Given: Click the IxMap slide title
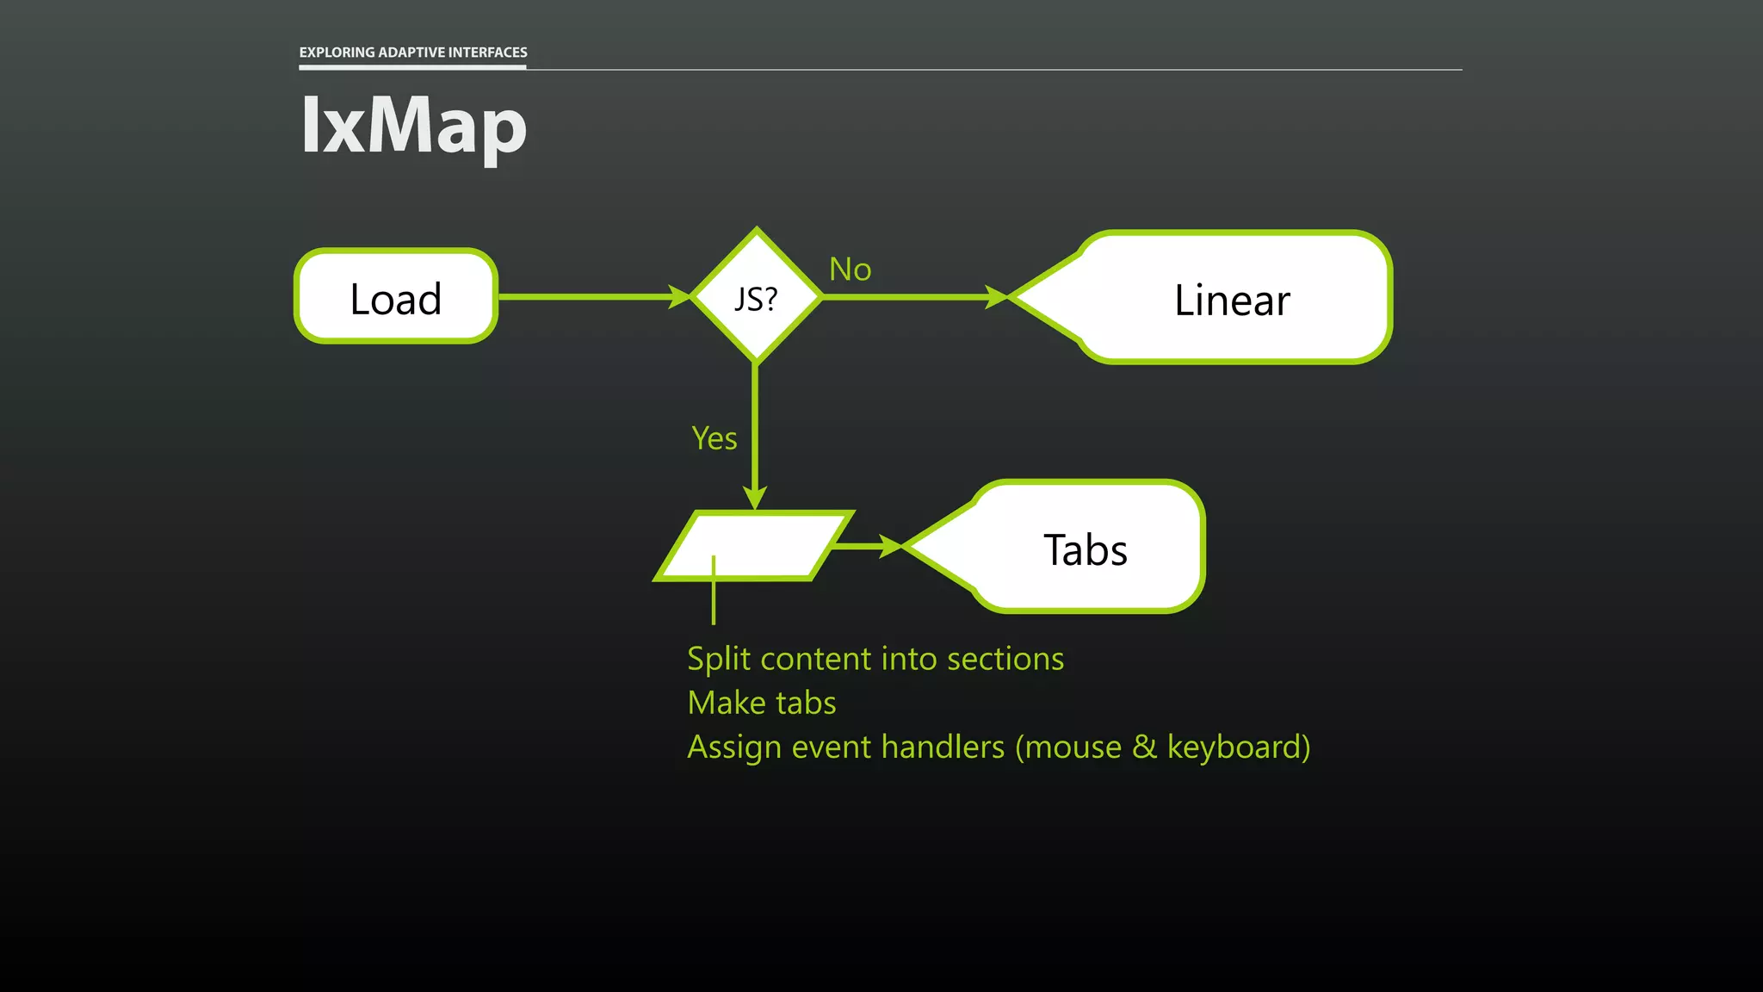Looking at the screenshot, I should tap(413, 126).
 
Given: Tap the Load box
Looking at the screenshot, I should tap(396, 297).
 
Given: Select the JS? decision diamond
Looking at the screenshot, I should tap(756, 297).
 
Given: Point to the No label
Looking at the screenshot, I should tap(850, 270).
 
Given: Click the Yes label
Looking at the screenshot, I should tap(714, 438).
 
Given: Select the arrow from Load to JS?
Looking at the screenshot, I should tap(594, 297).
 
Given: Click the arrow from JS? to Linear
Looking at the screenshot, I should tap(912, 297).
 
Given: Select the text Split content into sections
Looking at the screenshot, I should tap(875, 659).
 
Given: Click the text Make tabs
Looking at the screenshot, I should tap(761, 703).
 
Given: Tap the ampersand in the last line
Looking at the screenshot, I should tap(1144, 747).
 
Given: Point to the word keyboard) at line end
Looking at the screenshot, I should tap(1238, 747).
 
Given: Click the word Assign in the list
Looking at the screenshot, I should tap(734, 747).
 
